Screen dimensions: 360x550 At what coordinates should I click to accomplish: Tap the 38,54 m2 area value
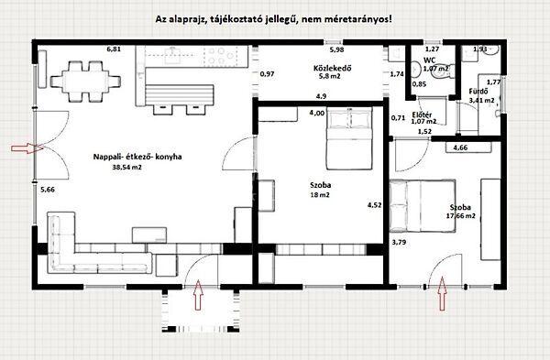click(x=126, y=169)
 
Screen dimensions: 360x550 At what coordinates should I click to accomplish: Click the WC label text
click(x=429, y=58)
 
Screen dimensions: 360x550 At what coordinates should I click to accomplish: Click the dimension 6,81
click(x=114, y=48)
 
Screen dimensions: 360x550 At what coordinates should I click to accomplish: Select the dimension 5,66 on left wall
click(x=48, y=190)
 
